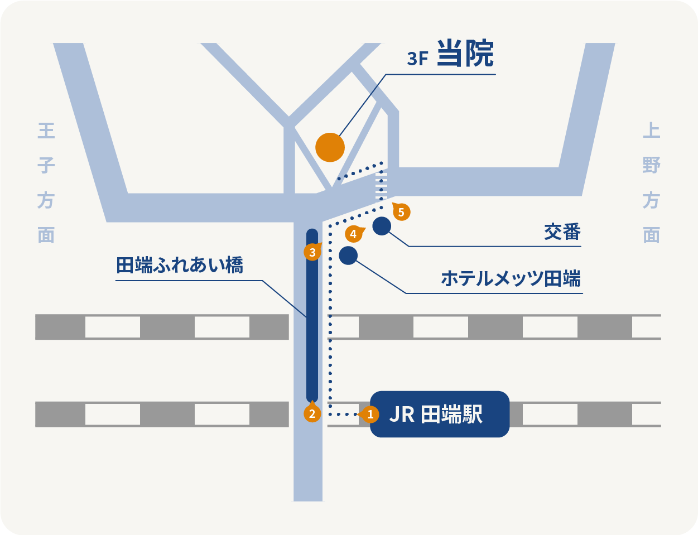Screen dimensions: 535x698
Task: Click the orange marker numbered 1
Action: point(370,414)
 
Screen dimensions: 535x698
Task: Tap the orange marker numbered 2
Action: point(312,413)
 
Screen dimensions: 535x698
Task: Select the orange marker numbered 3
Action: point(312,252)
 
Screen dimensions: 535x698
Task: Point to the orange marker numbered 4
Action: point(353,234)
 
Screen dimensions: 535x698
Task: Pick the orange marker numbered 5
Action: point(401,212)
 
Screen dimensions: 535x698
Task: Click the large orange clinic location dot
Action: point(330,147)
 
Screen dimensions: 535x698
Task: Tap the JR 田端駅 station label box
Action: point(440,414)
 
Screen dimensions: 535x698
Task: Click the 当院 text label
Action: point(465,54)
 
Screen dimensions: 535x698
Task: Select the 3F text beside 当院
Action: point(417,59)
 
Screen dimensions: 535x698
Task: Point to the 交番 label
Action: point(562,232)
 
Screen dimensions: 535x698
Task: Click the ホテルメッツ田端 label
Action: point(511,278)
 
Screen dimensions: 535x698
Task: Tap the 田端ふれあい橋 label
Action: point(180,265)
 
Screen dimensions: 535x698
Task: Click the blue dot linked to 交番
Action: point(382,226)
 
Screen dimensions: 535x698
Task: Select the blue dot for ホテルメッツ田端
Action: point(348,256)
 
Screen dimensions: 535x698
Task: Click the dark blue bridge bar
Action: point(312,315)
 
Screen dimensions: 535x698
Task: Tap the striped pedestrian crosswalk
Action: point(382,185)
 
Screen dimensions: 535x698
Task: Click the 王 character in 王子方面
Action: point(46,131)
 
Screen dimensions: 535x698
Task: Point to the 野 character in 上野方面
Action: point(651,166)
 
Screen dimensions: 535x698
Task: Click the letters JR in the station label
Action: point(402,414)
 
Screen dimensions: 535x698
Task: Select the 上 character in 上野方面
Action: point(651,131)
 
